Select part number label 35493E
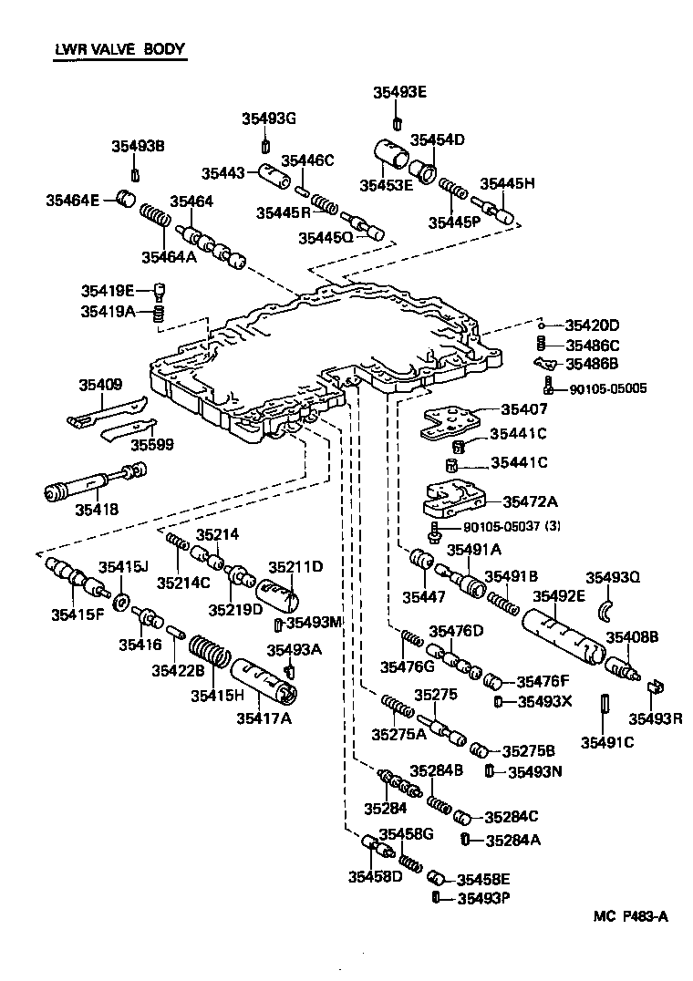coord(399,92)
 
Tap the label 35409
coord(99,385)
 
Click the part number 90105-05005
coord(608,387)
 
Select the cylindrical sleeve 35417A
coord(265,683)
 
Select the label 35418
coord(98,509)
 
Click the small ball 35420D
coord(541,325)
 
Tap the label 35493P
coord(483,898)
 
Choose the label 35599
coord(150,445)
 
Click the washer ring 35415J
coord(119,602)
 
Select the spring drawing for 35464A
coord(155,221)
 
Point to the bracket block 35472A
coord(448,499)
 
